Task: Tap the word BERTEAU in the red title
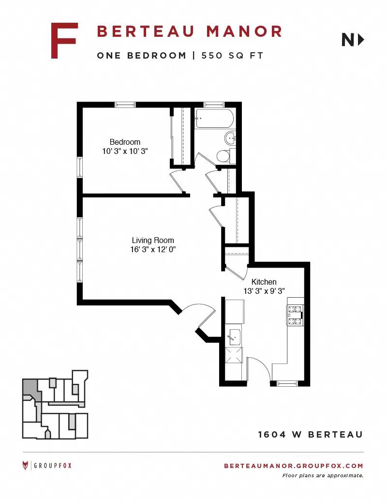146,31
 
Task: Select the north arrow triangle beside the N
361,40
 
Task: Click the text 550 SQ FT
232,56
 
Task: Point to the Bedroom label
125,142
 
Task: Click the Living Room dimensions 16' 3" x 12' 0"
153,249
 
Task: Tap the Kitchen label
264,282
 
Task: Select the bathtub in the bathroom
214,119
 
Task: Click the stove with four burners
295,315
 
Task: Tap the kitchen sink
234,337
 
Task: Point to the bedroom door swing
177,182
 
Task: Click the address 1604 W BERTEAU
311,435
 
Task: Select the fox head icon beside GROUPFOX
25,465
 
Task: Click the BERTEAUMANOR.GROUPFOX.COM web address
294,466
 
